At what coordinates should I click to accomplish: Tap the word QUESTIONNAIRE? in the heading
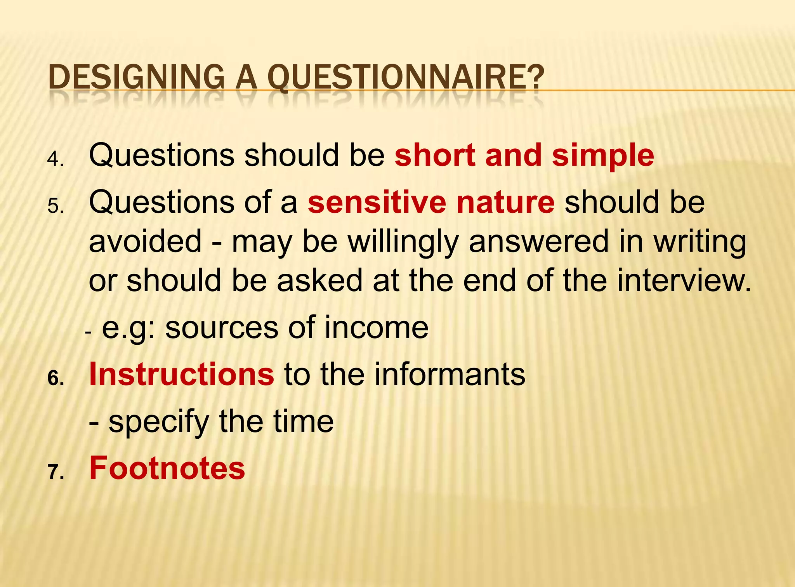406,77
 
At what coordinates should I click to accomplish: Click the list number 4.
55,159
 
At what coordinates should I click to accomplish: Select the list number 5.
55,206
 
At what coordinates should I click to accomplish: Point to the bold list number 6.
56,378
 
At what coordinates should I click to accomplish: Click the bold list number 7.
56,472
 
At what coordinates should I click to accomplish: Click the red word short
435,155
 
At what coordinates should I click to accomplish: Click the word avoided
145,241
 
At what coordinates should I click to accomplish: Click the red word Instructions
181,374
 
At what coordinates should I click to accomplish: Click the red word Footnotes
167,468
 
